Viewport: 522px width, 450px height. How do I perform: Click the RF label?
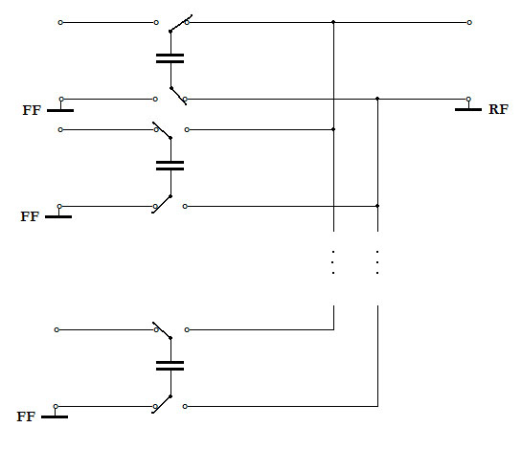(498, 109)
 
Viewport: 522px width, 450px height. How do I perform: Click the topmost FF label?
(32, 110)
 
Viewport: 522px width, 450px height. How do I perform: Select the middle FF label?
(30, 216)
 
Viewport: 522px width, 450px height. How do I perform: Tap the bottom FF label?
(26, 416)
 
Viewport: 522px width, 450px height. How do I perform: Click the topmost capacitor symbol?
(170, 58)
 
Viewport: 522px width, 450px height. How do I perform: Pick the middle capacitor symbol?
(170, 166)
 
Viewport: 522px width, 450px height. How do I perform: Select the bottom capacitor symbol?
(170, 366)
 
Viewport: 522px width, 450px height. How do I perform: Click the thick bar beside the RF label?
(468, 109)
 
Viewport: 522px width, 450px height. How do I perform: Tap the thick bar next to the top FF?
(60, 110)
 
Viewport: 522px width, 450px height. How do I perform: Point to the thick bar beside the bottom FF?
(55, 416)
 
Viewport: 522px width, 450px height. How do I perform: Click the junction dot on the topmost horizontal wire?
(333, 22)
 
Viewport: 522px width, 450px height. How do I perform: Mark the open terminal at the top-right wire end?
(469, 23)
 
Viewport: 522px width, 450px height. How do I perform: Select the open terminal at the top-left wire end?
(60, 23)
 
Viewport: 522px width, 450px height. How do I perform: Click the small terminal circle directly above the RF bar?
(468, 99)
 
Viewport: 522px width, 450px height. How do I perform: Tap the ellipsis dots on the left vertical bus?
(333, 262)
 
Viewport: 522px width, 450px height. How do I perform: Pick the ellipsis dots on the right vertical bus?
(377, 262)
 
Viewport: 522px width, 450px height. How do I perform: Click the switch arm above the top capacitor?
(181, 23)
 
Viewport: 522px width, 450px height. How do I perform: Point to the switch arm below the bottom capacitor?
(162, 405)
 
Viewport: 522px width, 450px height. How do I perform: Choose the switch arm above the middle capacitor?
(162, 130)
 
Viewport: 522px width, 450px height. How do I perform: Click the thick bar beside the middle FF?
(58, 216)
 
